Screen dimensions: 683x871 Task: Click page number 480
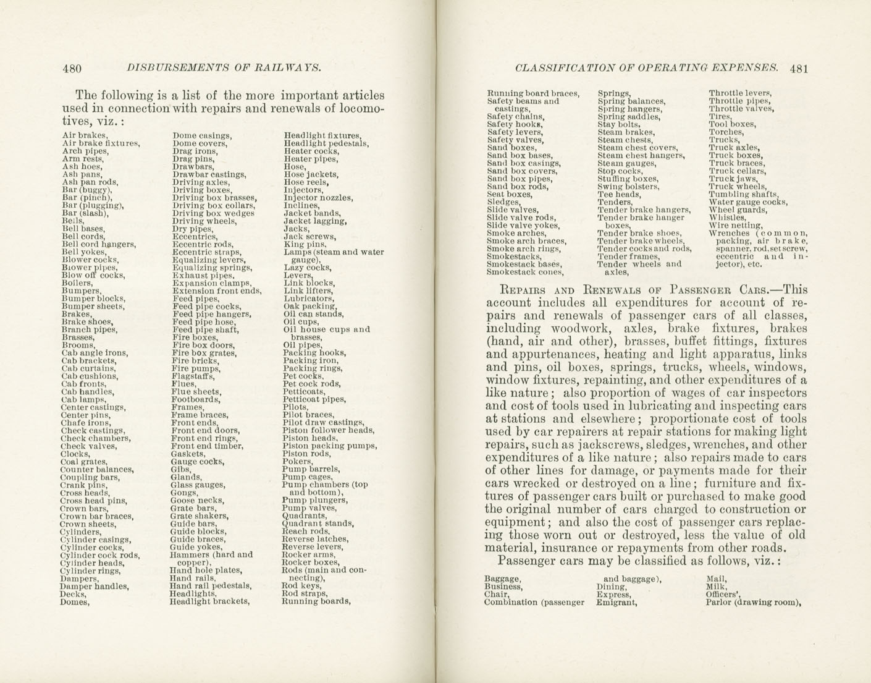tap(72, 69)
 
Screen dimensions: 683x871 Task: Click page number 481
tap(798, 69)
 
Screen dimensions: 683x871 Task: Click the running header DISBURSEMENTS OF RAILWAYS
tap(223, 68)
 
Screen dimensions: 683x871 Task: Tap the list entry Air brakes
tap(85, 135)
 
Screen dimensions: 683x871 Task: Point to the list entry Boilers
tap(77, 283)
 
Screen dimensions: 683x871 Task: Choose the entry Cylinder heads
tap(92, 562)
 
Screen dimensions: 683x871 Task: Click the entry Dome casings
tap(202, 135)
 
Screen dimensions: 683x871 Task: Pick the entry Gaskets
tap(188, 454)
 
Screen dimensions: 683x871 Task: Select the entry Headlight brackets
tap(209, 601)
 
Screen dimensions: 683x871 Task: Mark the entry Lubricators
tap(308, 299)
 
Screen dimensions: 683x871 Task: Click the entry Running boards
tap(316, 601)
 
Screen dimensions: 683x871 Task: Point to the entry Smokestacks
tap(515, 256)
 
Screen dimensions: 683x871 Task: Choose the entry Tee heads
tap(619, 194)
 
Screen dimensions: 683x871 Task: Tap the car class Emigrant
tap(616, 602)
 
